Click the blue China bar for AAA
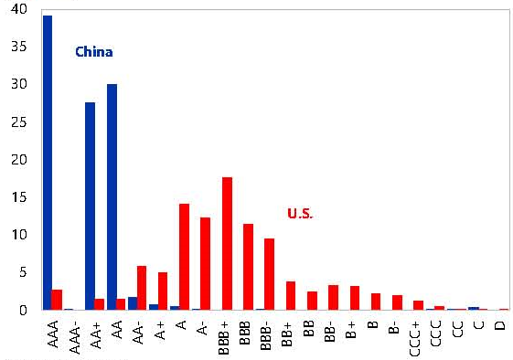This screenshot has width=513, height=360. [48, 163]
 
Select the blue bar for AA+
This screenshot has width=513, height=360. [90, 206]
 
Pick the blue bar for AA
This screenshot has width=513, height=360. [112, 196]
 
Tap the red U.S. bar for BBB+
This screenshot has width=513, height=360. [227, 244]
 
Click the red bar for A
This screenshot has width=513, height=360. [184, 257]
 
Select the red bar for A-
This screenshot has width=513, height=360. [205, 263]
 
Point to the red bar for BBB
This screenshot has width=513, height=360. [249, 267]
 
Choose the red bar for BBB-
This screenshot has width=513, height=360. [269, 274]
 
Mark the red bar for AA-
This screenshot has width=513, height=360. [142, 288]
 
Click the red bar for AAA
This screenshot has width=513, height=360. [57, 300]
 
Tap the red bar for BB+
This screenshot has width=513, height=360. [291, 296]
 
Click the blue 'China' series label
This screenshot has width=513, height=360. [94, 52]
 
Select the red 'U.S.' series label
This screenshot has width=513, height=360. [300, 213]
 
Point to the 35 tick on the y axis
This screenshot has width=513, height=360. [19, 47]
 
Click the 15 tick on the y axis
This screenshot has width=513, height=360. [19, 197]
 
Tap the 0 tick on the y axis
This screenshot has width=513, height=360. [23, 310]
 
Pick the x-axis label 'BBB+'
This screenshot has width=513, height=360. [224, 337]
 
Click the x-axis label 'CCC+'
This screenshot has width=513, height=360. [414, 338]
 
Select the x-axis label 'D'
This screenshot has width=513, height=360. [500, 325]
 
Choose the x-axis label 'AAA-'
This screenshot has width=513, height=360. [75, 337]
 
